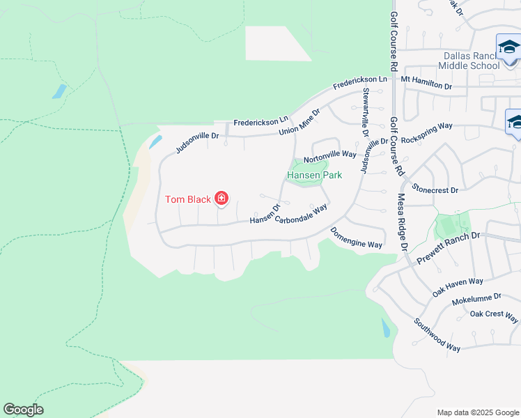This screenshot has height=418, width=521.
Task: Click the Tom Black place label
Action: pos(187,200)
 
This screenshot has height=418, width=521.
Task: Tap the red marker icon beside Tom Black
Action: pos(221,200)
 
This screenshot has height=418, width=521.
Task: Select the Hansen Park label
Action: pos(315,176)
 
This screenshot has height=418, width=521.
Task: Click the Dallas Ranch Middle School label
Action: pos(469,61)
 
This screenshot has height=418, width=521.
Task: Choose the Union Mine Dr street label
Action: pos(299,122)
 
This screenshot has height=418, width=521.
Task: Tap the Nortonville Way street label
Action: pos(330,153)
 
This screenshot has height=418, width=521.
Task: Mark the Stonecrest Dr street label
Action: pos(435,189)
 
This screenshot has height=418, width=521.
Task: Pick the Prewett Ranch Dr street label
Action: pos(449,247)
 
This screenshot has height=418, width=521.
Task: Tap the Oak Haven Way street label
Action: pos(457,286)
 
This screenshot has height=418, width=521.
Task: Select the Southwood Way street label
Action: pos(437,334)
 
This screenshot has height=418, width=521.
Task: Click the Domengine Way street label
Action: pos(357,239)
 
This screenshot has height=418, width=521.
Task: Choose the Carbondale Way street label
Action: pos(301,214)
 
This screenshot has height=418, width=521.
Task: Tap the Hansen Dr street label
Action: pos(265,215)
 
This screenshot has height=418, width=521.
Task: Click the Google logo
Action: pos(23,410)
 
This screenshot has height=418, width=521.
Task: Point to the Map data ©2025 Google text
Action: pos(477,412)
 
